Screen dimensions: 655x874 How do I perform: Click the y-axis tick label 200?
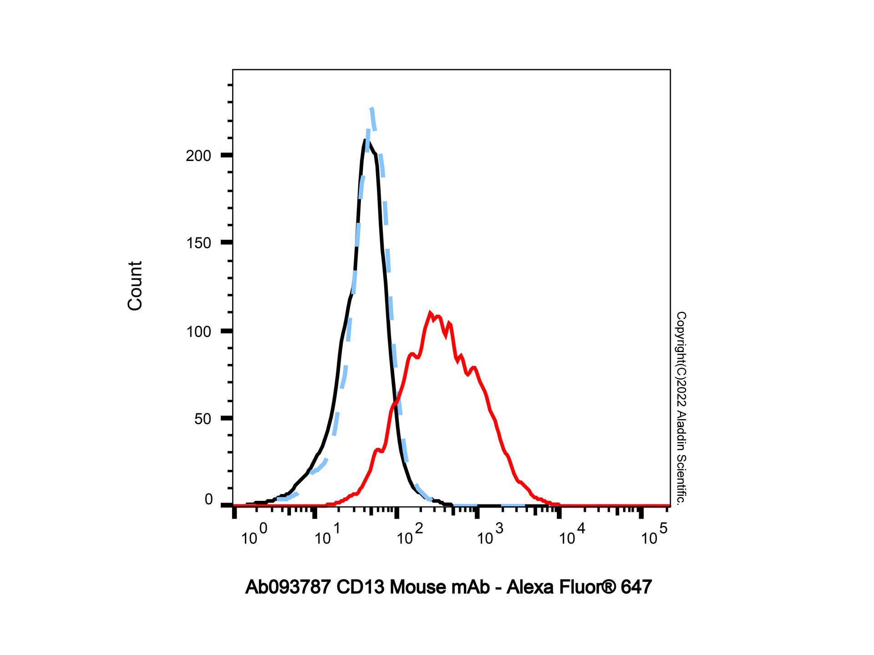(x=198, y=156)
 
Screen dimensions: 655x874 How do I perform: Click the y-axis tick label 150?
(x=198, y=243)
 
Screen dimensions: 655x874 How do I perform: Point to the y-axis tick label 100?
(x=198, y=332)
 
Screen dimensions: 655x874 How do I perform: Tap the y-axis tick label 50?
(x=203, y=419)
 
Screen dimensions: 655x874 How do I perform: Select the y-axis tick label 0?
(x=208, y=500)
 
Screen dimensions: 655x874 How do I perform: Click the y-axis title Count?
(x=135, y=286)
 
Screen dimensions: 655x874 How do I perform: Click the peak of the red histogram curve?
(x=430, y=313)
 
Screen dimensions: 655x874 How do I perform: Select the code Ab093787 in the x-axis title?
(x=288, y=587)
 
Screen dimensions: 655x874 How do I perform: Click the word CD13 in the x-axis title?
(x=361, y=587)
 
